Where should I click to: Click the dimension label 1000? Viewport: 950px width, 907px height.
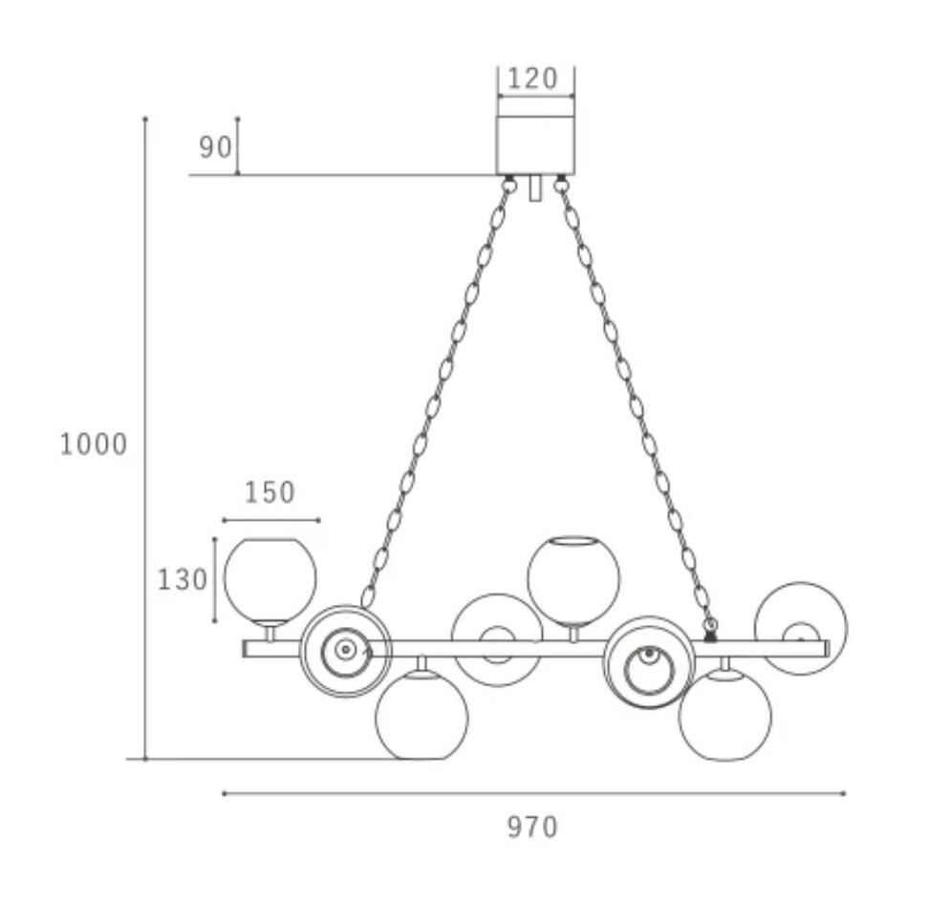[94, 444]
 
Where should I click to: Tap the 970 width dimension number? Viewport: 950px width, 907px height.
[532, 827]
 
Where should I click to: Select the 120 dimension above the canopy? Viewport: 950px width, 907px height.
[532, 78]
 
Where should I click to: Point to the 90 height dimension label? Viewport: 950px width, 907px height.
[216, 147]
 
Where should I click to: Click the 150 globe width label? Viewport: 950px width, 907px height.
[270, 492]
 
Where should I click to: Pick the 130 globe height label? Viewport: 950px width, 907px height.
[183, 580]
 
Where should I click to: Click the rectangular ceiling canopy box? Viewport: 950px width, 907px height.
[535, 145]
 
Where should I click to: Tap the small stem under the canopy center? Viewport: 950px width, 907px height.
[534, 188]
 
